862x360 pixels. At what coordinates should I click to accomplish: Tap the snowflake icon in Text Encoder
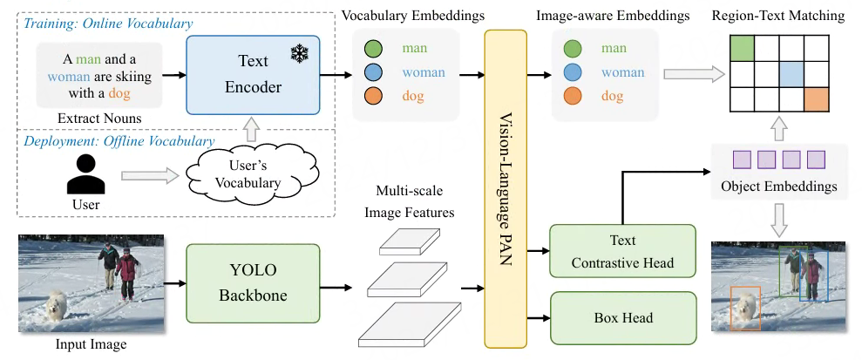pos(301,53)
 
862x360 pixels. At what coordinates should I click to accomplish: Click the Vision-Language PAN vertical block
pos(506,188)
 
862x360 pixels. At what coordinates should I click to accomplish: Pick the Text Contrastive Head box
pos(622,251)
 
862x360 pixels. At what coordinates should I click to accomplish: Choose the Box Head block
pos(622,318)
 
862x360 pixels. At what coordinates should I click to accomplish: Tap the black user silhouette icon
pos(86,177)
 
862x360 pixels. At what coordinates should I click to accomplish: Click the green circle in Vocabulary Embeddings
pos(372,50)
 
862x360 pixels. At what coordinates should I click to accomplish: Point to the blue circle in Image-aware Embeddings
pos(573,73)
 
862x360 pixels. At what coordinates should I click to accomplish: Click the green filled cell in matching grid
pos(742,49)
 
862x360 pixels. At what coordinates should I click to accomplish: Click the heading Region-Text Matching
pos(778,16)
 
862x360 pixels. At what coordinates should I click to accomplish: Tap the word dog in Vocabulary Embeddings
pos(413,97)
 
